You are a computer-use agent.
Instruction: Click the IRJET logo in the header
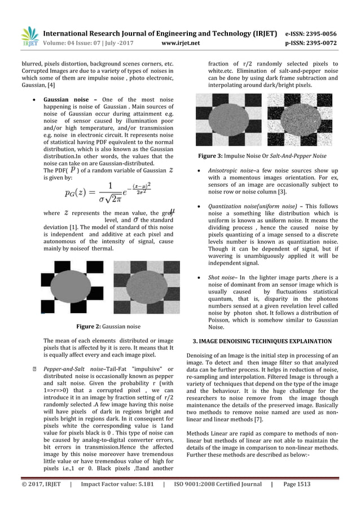tap(29, 36)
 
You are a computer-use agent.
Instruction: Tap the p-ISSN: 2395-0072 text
tap(315, 42)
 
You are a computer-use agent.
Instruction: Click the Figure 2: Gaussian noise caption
tap(108, 326)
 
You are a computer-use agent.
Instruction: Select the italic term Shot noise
tap(222, 278)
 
